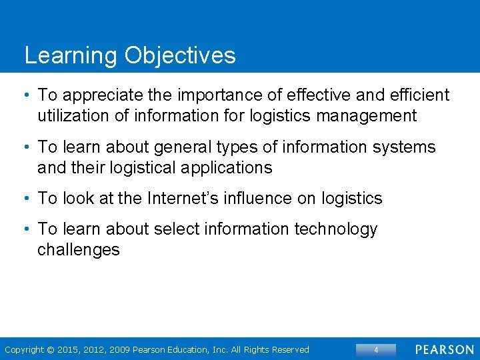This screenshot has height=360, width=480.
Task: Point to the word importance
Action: (x=209, y=95)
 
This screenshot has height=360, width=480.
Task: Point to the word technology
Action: (x=327, y=229)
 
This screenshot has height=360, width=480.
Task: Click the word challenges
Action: (x=78, y=249)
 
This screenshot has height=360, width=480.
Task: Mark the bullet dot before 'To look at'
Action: (x=27, y=199)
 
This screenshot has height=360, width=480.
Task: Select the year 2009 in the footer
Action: (x=119, y=349)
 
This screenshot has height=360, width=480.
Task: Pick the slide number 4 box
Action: (x=376, y=349)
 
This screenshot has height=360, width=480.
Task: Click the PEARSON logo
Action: (x=444, y=349)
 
